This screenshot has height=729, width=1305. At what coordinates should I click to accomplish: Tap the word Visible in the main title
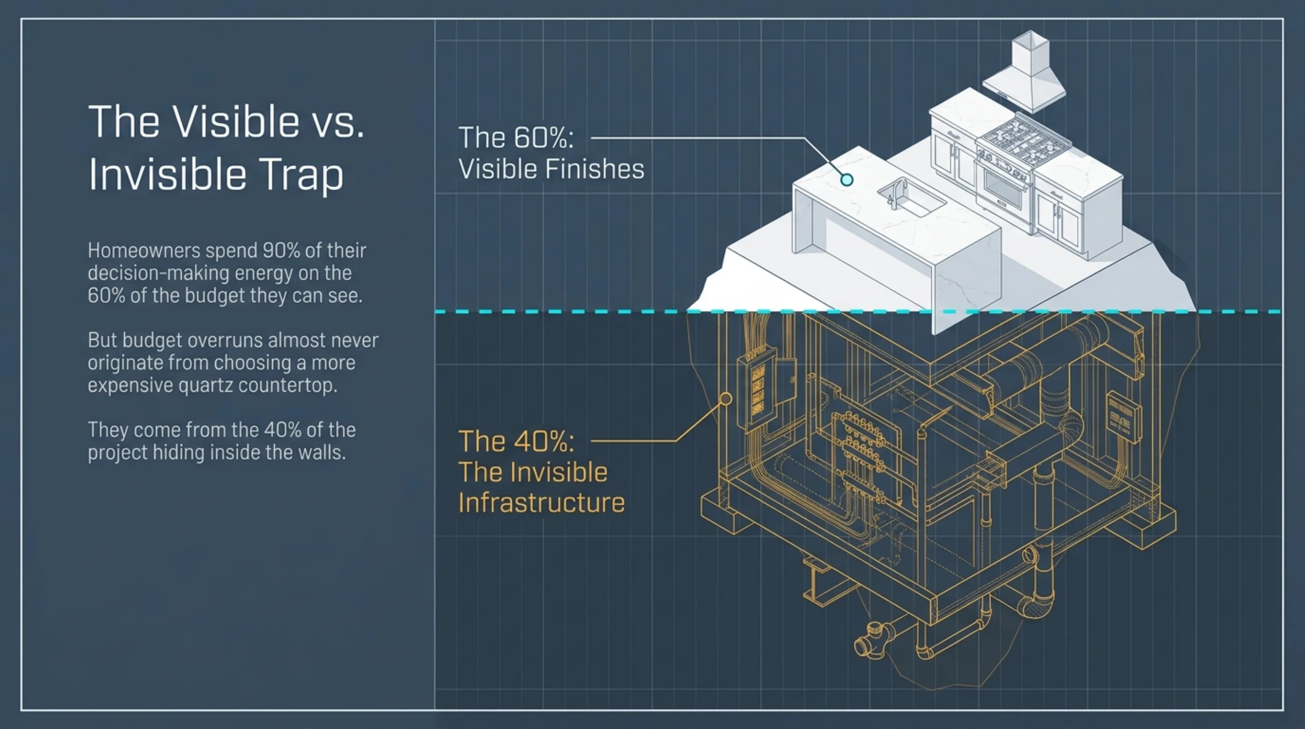[236, 121]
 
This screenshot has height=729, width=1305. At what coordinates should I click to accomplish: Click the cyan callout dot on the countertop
[847, 180]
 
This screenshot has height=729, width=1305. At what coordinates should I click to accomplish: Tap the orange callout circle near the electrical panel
[726, 399]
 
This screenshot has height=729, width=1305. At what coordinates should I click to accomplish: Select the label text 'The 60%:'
[516, 138]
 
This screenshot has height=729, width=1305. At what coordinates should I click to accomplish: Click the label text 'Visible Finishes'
[551, 169]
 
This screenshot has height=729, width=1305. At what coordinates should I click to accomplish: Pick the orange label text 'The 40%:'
[516, 441]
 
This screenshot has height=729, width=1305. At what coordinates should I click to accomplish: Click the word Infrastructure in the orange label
[542, 503]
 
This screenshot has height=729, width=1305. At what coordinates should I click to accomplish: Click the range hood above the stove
[1024, 72]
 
